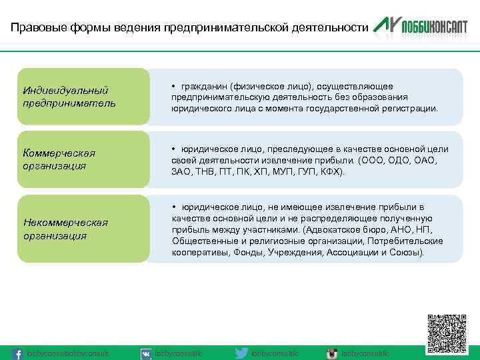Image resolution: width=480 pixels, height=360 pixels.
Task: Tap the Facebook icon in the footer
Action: coord(19,353)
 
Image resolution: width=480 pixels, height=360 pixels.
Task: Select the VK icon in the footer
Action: coord(146,353)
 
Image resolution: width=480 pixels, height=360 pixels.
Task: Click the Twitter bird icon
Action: coord(243,353)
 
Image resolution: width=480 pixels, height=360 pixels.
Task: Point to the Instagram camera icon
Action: coord(331,353)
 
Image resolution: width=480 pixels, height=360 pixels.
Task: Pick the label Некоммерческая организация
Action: coord(65,229)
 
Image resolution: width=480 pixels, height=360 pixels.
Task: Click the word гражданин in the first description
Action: coord(205,86)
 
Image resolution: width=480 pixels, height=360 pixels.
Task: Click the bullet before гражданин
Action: coord(173,86)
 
